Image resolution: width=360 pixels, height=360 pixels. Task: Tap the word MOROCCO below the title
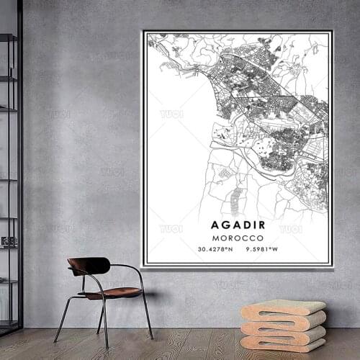point(238,237)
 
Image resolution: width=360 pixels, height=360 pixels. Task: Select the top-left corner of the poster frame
point(144,31)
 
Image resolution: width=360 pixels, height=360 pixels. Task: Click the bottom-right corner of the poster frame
point(332,266)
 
